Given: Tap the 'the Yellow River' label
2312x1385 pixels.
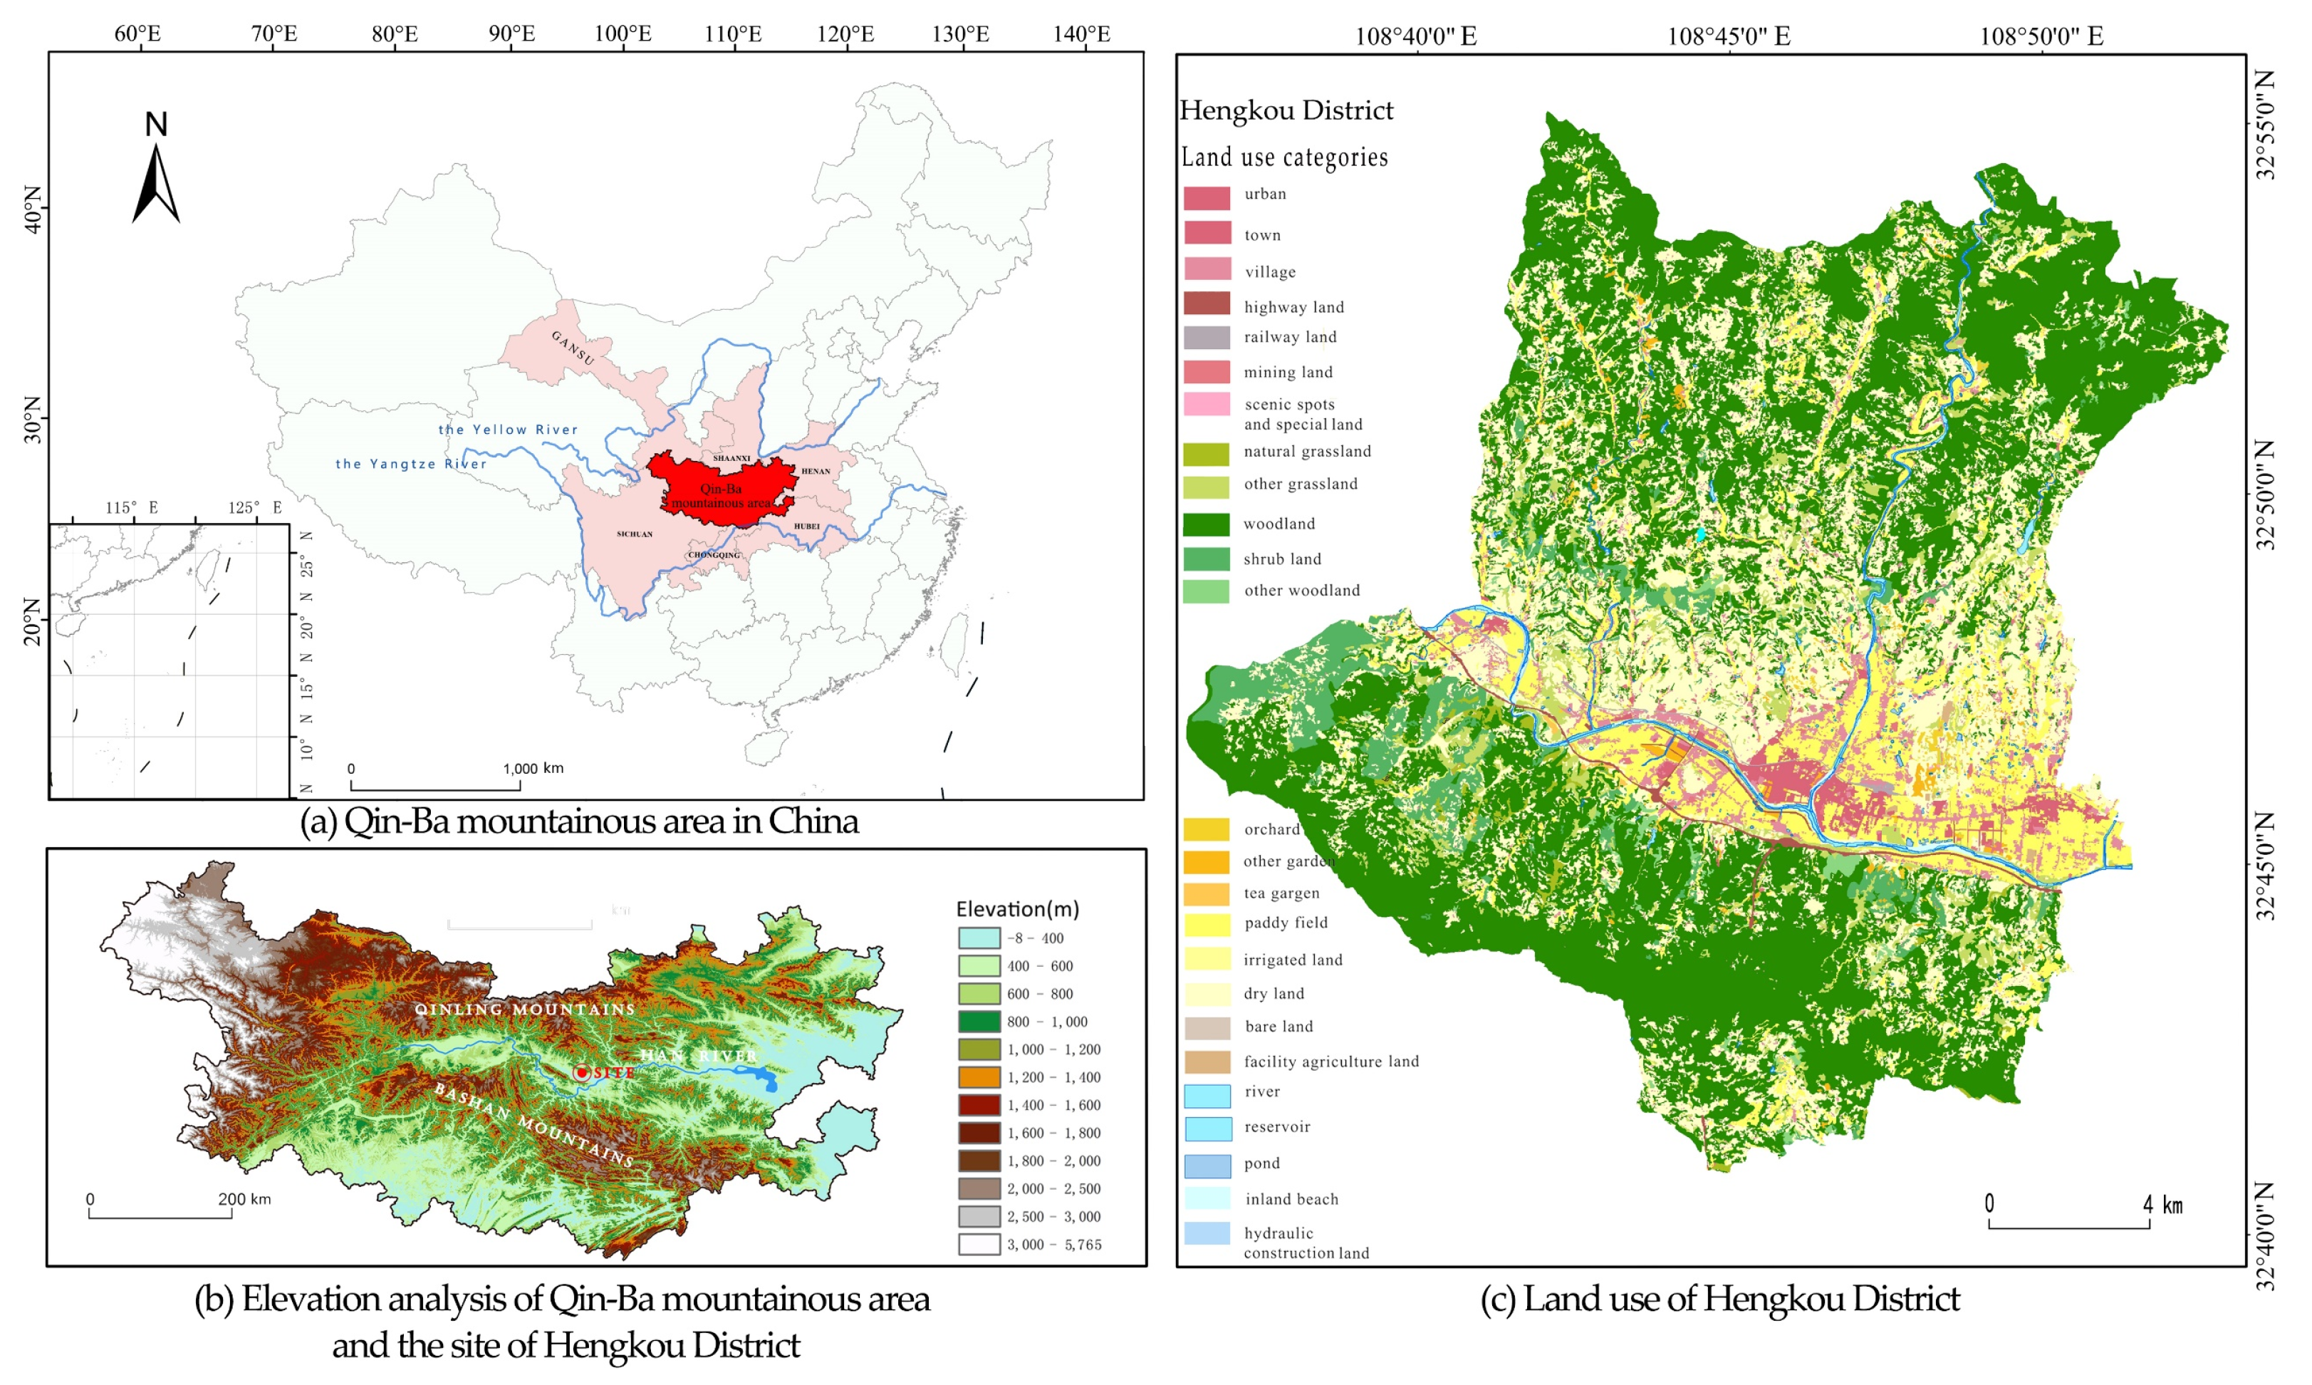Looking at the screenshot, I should tap(509, 430).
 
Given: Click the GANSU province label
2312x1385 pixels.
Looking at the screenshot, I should tap(572, 347).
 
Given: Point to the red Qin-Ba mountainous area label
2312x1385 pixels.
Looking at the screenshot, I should tap(722, 496).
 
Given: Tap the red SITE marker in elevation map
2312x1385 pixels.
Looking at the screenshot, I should tap(582, 1072).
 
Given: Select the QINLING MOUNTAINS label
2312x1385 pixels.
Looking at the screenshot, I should tap(525, 1009).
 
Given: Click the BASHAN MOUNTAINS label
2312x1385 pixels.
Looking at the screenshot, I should tap(533, 1125).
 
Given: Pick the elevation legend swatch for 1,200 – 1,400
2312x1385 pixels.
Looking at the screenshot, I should tap(979, 1077).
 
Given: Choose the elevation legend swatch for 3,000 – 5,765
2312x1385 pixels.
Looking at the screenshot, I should tap(979, 1244).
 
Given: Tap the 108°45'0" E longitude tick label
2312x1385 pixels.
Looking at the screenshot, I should tap(1728, 36).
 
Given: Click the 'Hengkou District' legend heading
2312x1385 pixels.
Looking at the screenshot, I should tap(1286, 111).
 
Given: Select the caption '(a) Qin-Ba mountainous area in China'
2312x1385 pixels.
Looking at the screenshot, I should tap(578, 821).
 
